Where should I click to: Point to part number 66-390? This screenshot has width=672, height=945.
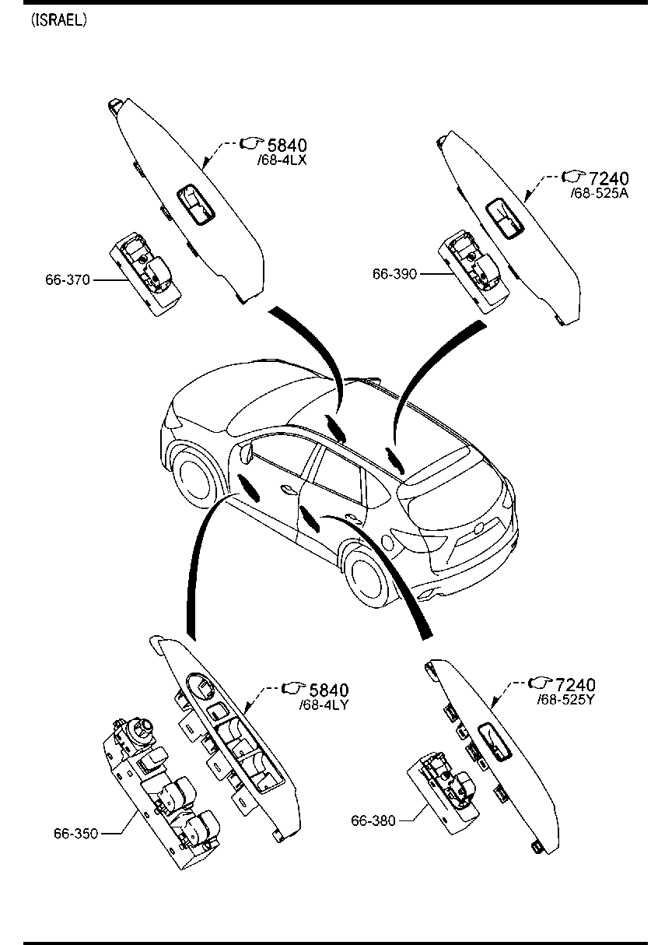click(394, 274)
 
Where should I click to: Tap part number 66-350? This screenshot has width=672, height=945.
click(75, 833)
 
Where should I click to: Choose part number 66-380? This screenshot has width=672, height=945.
click(373, 820)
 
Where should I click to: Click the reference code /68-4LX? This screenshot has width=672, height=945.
click(282, 160)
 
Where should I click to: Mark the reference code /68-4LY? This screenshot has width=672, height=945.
click(324, 705)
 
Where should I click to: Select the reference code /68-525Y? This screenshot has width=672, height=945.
click(566, 700)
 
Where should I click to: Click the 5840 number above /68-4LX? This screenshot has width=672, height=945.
click(287, 145)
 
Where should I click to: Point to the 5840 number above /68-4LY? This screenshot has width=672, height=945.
click(329, 690)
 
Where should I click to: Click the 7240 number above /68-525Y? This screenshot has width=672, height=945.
click(576, 684)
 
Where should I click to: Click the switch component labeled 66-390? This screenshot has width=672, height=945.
click(472, 272)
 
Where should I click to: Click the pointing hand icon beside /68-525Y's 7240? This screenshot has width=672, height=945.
click(538, 683)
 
